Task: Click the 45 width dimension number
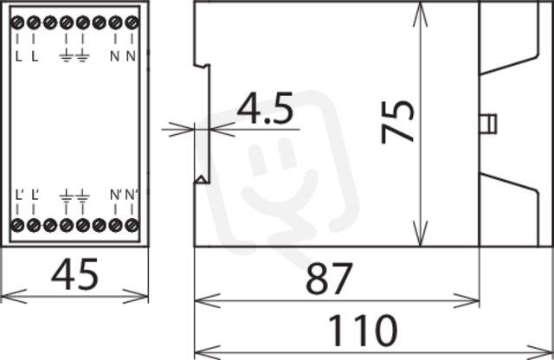tap(74, 274)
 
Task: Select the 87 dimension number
tap(329, 279)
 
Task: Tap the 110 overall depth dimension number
tap(363, 331)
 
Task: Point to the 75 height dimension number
tap(397, 122)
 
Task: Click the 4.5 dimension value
tap(265, 108)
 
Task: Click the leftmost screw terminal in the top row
tap(17, 22)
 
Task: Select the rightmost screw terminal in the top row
tap(132, 22)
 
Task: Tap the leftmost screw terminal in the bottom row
tap(17, 225)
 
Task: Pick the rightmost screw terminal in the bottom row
tap(132, 225)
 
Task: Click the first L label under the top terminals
tap(18, 56)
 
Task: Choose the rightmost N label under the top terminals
tap(131, 56)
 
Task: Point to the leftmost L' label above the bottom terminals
tap(19, 195)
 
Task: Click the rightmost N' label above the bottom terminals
tap(132, 195)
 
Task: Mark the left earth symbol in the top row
tap(66, 56)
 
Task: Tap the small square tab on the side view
tap(488, 124)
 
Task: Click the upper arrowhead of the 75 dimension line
tap(420, 14)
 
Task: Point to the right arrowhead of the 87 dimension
tap(467, 300)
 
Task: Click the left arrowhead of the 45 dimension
tap(14, 296)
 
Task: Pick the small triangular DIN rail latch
tap(202, 179)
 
